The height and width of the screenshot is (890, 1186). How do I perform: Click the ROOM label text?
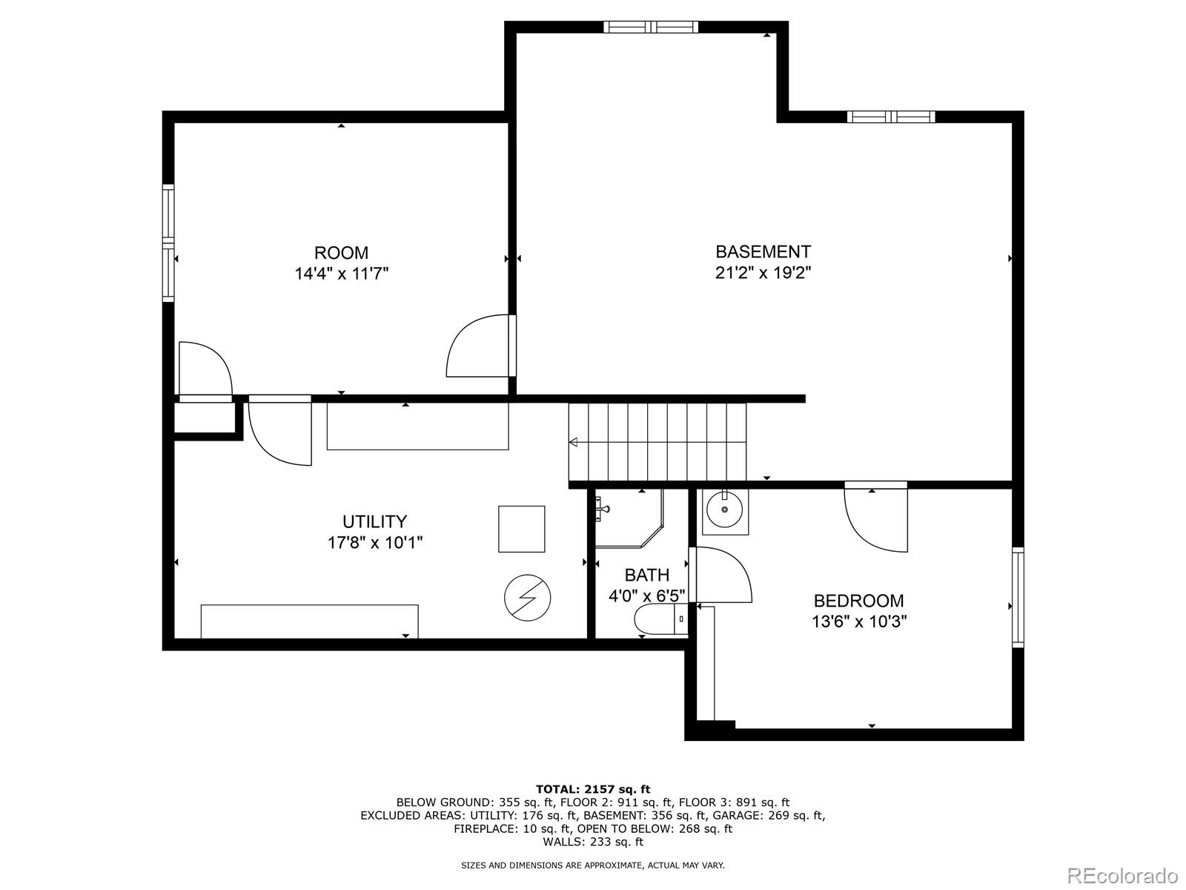pos(341,252)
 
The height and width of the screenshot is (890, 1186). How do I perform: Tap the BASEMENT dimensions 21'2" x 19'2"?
pos(763,272)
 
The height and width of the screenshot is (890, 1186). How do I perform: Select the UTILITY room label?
pos(374,521)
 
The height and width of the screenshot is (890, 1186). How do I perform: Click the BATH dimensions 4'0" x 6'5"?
pos(646,595)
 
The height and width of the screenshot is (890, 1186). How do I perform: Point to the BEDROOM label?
pos(858,601)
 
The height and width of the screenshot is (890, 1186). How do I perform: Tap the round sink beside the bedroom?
pos(724,510)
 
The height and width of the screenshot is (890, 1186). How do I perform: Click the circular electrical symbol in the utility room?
pos(527,596)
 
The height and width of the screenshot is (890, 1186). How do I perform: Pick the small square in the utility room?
pos(521,529)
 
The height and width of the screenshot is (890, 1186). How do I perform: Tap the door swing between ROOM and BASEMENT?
pos(478,347)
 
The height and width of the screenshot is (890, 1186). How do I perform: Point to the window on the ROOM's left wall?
pos(168,243)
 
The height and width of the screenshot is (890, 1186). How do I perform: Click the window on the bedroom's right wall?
pos(1018,597)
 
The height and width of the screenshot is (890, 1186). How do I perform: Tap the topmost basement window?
pos(651,27)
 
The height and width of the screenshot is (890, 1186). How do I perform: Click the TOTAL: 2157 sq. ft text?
pos(592,789)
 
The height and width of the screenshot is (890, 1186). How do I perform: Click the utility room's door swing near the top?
pos(280,432)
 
